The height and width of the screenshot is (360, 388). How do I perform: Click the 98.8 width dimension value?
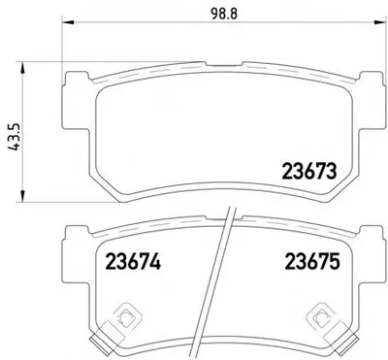224,14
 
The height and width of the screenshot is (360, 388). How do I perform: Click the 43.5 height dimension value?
15,137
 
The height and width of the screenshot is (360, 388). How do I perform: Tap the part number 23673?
309,172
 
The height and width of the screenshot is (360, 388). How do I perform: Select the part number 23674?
133,262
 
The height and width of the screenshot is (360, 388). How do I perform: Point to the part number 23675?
312,262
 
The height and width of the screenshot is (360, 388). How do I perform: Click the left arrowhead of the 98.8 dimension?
68,22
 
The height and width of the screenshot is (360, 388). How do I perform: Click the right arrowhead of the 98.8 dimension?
375,22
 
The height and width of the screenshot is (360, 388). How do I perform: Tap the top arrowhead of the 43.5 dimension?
22,68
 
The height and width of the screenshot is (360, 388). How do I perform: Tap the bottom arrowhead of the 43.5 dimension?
22,196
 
